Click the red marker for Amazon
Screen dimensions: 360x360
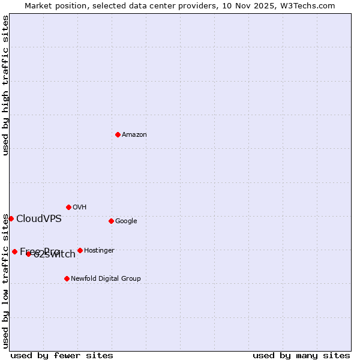[118, 134]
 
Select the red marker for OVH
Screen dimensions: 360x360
[68, 207]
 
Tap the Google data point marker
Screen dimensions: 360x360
[111, 221]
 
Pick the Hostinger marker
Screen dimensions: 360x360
[80, 250]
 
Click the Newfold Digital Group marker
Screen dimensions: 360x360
[67, 278]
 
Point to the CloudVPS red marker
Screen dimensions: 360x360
[11, 218]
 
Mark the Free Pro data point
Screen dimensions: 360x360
[14, 251]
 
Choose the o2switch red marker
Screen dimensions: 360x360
[28, 254]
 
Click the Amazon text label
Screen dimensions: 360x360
[134, 134]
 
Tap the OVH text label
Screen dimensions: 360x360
[80, 207]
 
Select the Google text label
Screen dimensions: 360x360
[126, 221]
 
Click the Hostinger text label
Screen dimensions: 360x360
[99, 250]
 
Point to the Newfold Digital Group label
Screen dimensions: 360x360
[106, 278]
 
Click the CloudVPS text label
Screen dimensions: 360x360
[39, 218]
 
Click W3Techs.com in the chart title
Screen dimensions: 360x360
[308, 6]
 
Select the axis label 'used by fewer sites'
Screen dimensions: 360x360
[62, 355]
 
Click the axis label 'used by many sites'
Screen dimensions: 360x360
[301, 355]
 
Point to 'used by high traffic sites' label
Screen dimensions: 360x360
[6, 85]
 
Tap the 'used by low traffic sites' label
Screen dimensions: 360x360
[6, 281]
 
